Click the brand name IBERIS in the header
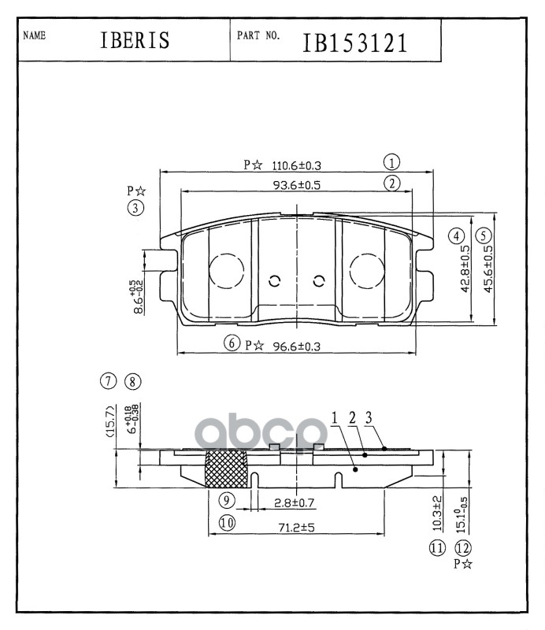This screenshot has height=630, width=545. [x=135, y=41]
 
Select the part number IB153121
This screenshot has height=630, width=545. [x=355, y=42]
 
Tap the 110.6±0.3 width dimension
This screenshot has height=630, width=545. [x=297, y=165]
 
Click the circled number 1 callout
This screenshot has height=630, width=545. [x=391, y=163]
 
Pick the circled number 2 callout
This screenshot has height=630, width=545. [x=391, y=183]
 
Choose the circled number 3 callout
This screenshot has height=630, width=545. [x=136, y=208]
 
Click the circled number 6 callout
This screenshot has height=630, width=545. [x=231, y=343]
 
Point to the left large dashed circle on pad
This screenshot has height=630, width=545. [x=226, y=270]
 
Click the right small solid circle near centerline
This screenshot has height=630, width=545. [x=319, y=281]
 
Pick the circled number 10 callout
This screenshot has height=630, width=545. [x=227, y=522]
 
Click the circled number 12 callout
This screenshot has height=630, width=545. [x=462, y=549]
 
